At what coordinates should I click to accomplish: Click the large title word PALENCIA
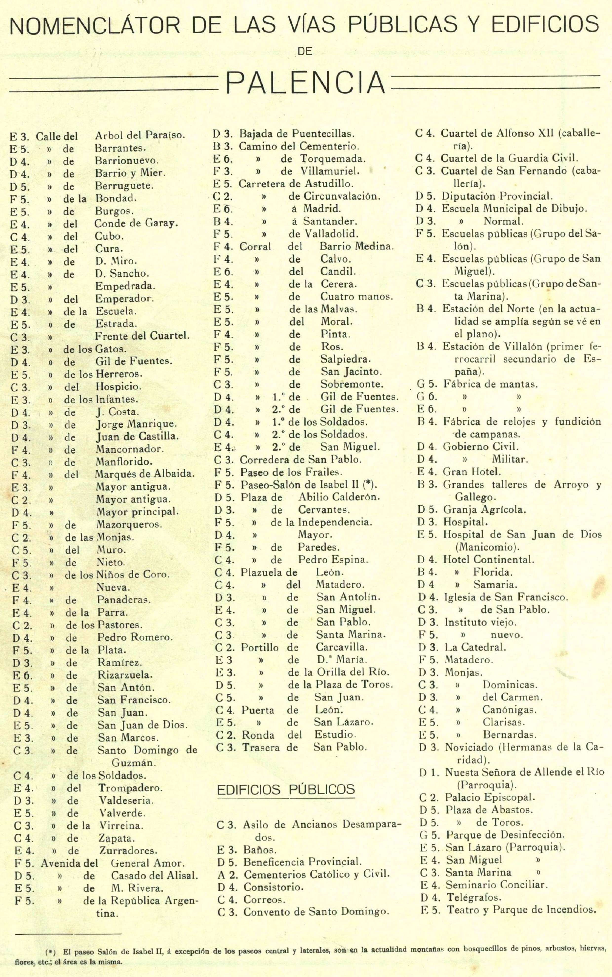point(306,84)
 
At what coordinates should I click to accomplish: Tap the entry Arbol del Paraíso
point(140,135)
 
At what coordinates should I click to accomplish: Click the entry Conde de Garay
point(136,223)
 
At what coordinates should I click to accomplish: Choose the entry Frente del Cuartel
point(142,336)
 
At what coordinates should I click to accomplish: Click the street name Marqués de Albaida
point(145,474)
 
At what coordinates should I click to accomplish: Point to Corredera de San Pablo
point(300,460)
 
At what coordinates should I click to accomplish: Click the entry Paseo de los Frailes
point(291,472)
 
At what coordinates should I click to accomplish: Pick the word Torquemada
point(333,159)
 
